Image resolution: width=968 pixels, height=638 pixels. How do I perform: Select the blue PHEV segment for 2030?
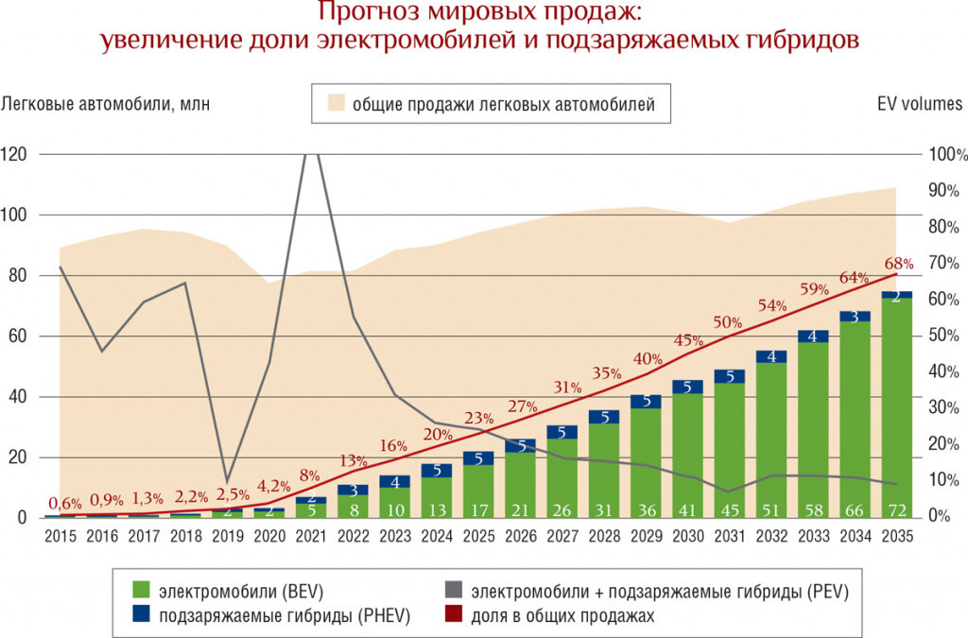click(686, 387)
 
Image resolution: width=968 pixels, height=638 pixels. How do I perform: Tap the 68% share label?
click(898, 263)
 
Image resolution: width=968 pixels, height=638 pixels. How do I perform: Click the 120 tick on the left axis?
click(13, 154)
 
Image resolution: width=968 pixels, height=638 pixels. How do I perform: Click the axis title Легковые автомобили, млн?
click(105, 104)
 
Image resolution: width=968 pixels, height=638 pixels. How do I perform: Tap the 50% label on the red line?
click(728, 322)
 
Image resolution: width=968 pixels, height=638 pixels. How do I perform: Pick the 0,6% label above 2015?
click(65, 503)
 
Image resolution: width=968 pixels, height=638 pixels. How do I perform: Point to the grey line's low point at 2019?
click(226, 481)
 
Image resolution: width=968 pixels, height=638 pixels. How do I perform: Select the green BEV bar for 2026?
click(519, 482)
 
